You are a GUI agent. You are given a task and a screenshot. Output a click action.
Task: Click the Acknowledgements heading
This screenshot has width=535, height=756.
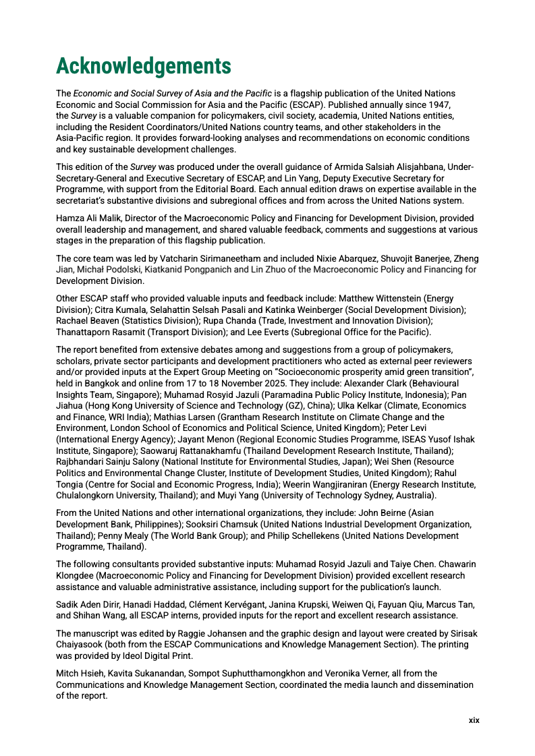click(x=143, y=66)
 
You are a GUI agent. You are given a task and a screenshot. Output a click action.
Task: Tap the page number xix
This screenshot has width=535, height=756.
click(x=474, y=720)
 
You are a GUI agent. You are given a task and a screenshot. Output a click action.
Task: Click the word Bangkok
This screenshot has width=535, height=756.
click(x=105, y=383)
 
